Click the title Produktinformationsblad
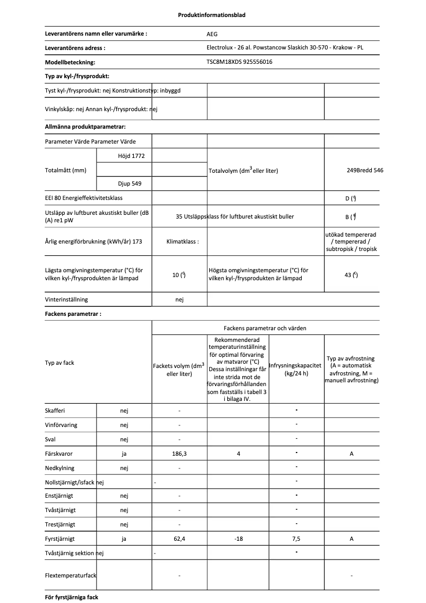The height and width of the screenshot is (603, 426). pos(211,15)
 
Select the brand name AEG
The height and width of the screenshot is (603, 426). pos(212,33)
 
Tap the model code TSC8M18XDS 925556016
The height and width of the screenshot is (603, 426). pos(242,62)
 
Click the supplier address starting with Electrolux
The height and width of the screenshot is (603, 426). pos(285,47)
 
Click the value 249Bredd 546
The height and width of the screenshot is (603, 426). pos(364,170)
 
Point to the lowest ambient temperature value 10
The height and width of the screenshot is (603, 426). pos(178,275)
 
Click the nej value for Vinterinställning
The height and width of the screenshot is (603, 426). pos(179,299)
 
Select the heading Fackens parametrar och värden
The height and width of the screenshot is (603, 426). pos(265,328)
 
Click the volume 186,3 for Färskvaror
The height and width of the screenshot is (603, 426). pos(179,454)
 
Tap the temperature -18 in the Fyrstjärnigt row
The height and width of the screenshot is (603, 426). pos(238,539)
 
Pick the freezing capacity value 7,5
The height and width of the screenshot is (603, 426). pos(296,539)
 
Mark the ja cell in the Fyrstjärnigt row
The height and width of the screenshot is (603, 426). pos(124,539)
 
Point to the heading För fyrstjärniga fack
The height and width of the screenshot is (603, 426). pos(72,597)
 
